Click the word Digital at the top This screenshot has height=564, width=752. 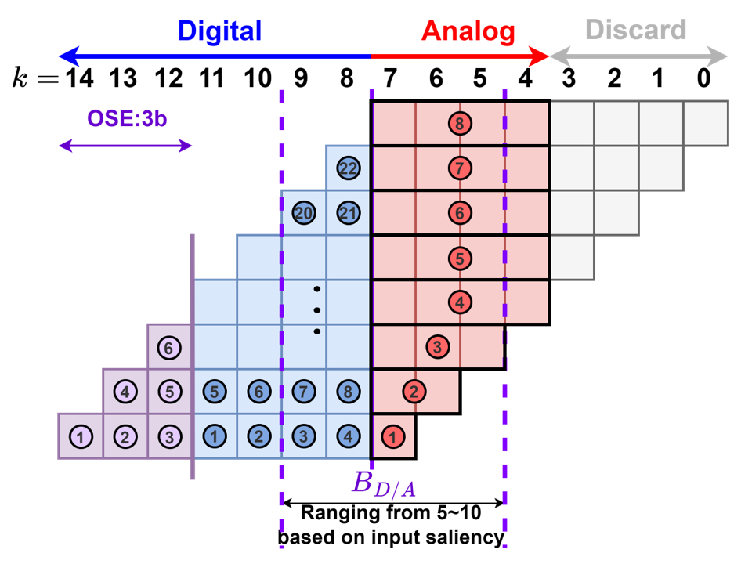coord(219,31)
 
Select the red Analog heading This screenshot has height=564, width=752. coord(468,31)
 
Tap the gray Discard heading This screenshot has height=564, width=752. coord(635,30)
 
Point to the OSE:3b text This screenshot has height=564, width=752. coord(127,118)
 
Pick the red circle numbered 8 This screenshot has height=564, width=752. coord(460,123)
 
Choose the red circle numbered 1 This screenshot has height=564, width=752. coord(392,436)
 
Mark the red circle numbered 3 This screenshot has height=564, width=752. coord(437,346)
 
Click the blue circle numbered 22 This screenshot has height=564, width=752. coord(348,168)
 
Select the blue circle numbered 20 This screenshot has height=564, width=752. coord(303,212)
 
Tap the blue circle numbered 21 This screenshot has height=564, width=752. coord(348,212)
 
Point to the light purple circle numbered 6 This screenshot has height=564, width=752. coord(168,347)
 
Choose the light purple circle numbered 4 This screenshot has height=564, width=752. coord(125,391)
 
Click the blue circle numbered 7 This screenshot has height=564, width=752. coord(303,391)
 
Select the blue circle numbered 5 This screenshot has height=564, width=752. coord(214,391)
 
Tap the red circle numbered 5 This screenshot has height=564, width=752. coord(460,257)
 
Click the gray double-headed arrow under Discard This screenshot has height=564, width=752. coord(638,56)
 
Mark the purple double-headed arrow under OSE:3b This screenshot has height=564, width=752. coord(125,146)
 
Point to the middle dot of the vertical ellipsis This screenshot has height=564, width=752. coord(316,309)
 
